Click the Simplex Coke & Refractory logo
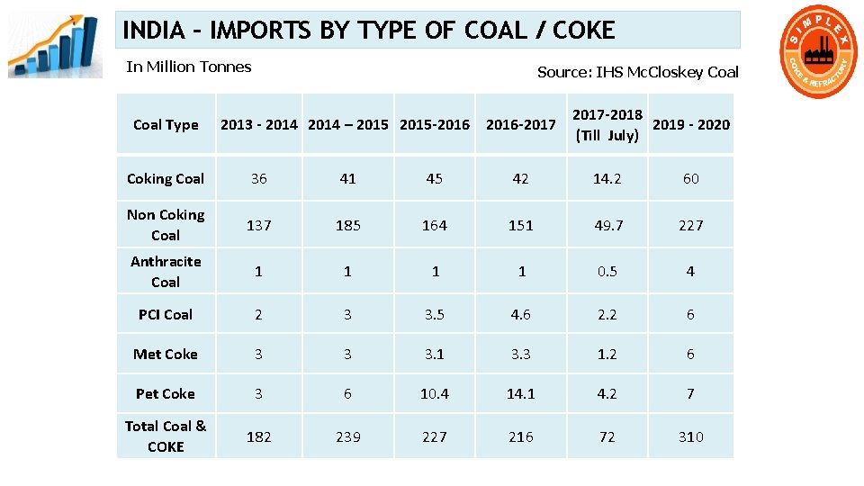pyautogui.click(x=817, y=52)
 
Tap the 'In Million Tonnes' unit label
pyautogui.click(x=189, y=67)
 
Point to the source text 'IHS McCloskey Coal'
pyautogui.click(x=667, y=72)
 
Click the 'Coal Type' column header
pyautogui.click(x=166, y=125)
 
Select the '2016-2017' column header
pyautogui.click(x=521, y=125)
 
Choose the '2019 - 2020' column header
pyautogui.click(x=691, y=125)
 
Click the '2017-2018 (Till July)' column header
pyautogui.click(x=607, y=125)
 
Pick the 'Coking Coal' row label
pyautogui.click(x=166, y=178)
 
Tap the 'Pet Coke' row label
pyautogui.click(x=166, y=394)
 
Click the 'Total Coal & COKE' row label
pyautogui.click(x=166, y=436)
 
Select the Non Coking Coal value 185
pyautogui.click(x=348, y=225)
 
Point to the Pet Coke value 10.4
pyautogui.click(x=435, y=394)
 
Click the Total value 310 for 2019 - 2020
pyautogui.click(x=691, y=437)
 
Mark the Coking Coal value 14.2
pyautogui.click(x=607, y=178)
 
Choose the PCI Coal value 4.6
pyautogui.click(x=521, y=315)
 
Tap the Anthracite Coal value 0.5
pyautogui.click(x=607, y=272)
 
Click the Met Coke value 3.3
pyautogui.click(x=521, y=355)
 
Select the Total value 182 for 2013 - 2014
pyautogui.click(x=259, y=437)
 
